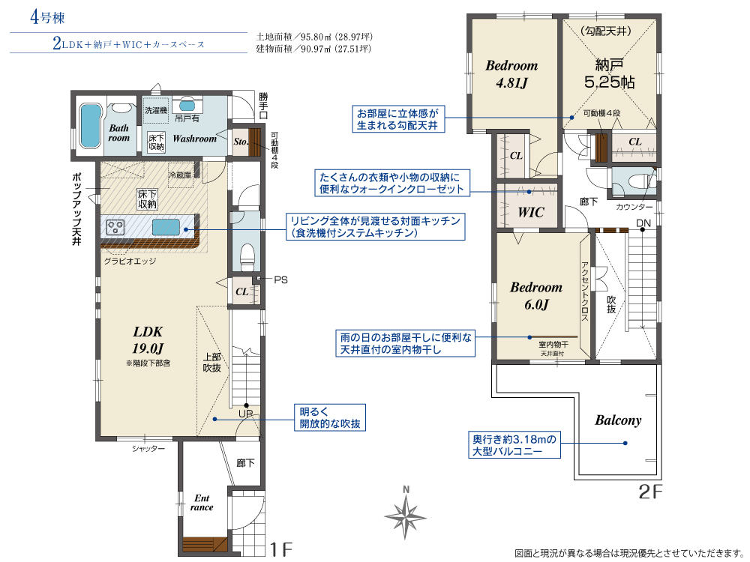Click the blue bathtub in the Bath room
coord(89,126)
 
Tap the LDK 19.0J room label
coord(148,339)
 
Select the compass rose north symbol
coord(406,514)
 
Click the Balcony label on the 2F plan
coord(618,420)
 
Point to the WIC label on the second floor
coord(530,212)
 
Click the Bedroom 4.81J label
coord(511,74)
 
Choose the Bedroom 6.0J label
coord(536,296)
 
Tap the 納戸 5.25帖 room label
coord(609,73)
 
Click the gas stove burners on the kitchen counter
coord(115,226)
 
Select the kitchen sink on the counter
coord(166,227)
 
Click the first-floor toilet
coord(247,256)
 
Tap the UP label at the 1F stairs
coord(245,414)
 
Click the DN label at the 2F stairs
coord(643,223)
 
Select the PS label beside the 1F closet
coord(280,280)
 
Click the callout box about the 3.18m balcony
coord(514,445)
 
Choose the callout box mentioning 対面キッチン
coord(376,226)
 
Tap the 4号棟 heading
coord(46,18)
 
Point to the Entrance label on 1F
coord(202,503)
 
